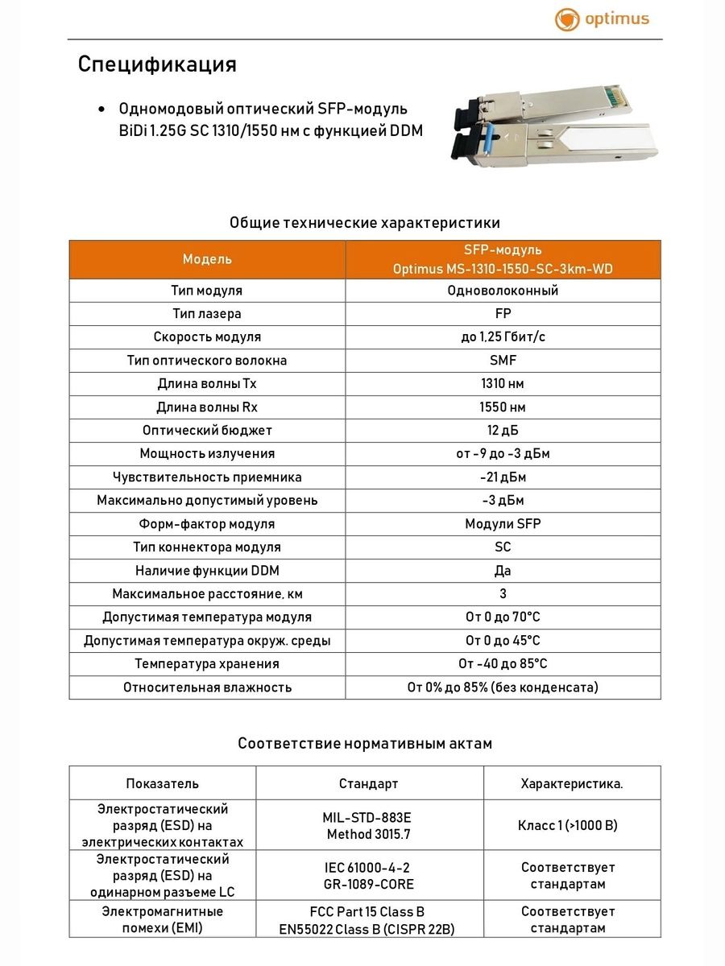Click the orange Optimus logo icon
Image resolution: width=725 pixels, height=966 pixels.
567,20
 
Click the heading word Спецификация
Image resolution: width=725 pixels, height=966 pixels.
157,64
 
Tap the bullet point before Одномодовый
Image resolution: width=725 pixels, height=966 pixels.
101,109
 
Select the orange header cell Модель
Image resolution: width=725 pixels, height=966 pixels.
207,259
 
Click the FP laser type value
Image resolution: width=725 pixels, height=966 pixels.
503,314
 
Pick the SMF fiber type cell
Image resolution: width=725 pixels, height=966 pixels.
503,361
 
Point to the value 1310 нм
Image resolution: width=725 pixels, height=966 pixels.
503,384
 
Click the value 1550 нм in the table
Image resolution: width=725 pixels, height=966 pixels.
503,407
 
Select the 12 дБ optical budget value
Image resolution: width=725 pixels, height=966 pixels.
503,431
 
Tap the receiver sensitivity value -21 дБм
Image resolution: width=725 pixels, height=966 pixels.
503,477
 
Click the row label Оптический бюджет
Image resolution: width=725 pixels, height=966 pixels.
207,431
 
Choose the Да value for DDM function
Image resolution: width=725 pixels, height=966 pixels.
503,571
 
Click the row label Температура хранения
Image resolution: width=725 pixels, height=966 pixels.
207,664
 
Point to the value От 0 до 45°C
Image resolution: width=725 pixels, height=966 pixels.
503,641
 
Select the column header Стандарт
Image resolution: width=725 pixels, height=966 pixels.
368,783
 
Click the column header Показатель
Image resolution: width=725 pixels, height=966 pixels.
162,783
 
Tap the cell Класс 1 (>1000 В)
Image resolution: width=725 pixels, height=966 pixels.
571,825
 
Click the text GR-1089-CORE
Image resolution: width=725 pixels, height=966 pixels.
368,885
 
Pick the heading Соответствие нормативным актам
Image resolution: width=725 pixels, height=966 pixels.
364,744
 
